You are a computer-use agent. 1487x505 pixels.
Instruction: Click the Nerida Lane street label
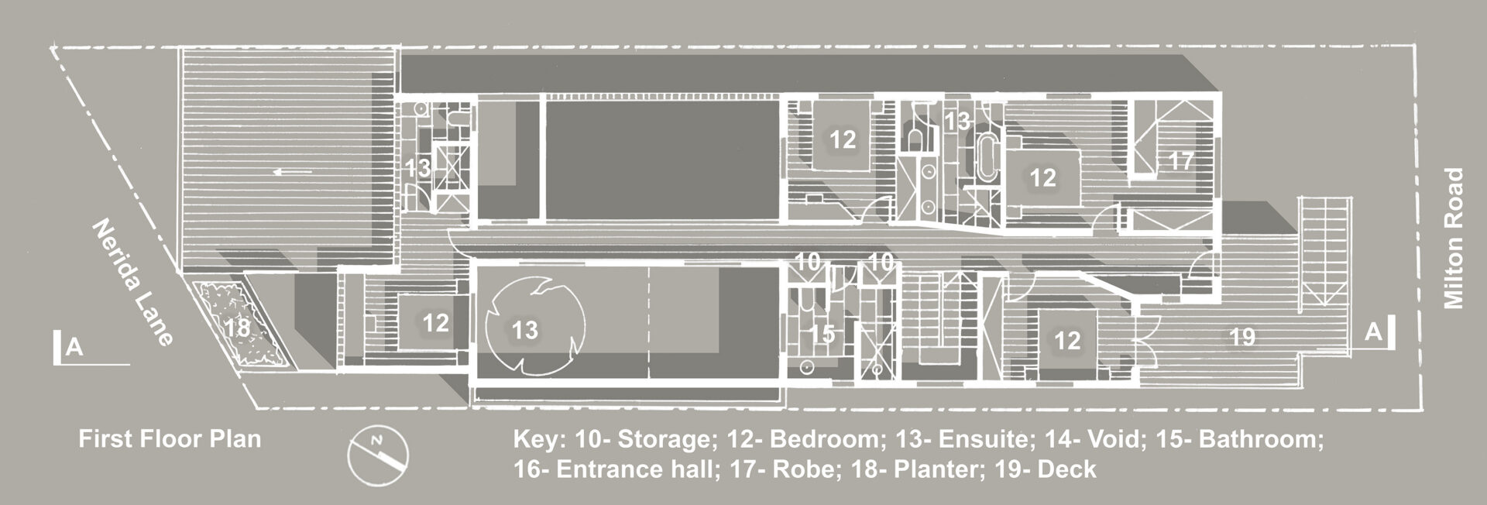[x=132, y=282]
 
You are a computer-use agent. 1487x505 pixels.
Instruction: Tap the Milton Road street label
[x=1454, y=239]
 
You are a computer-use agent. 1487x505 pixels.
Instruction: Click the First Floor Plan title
[x=170, y=439]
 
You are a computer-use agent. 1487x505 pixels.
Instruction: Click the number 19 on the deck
[x=1242, y=337]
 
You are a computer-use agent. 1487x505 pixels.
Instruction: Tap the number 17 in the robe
[x=1180, y=161]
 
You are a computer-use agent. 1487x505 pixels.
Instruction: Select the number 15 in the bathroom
[x=822, y=335]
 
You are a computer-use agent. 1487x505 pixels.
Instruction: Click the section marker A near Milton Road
[x=1373, y=332]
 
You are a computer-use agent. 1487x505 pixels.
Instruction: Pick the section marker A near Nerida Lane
[x=74, y=346]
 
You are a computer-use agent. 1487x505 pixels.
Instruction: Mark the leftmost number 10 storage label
[x=808, y=263]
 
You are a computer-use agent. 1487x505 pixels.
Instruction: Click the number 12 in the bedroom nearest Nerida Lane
[x=435, y=322]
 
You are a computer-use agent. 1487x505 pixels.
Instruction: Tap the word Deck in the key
[x=1066, y=469]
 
